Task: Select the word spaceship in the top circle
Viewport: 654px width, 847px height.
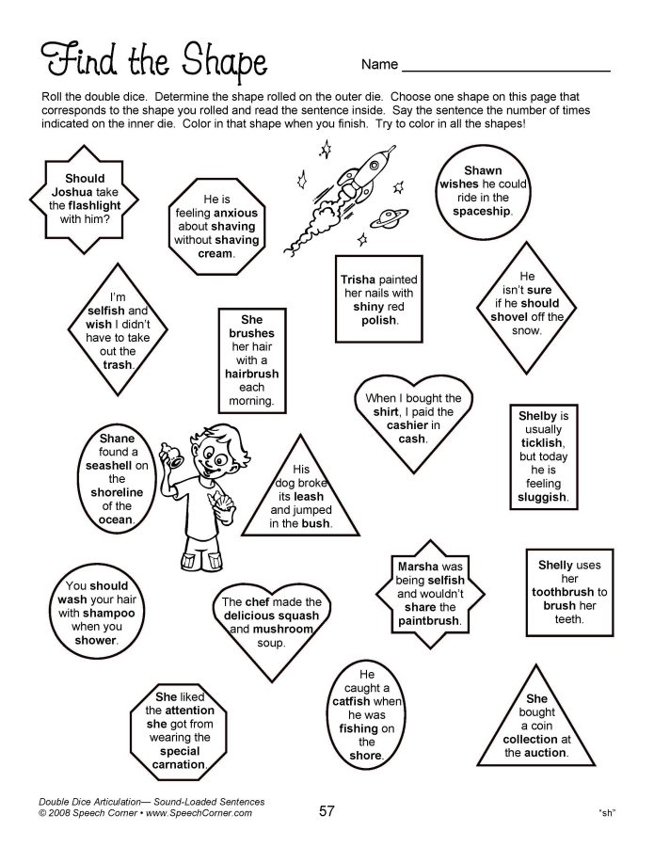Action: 482,212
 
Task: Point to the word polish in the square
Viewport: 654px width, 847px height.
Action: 378,320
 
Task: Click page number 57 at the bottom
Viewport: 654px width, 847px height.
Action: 327,810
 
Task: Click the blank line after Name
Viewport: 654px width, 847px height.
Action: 505,66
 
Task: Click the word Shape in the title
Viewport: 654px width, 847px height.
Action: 218,61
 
